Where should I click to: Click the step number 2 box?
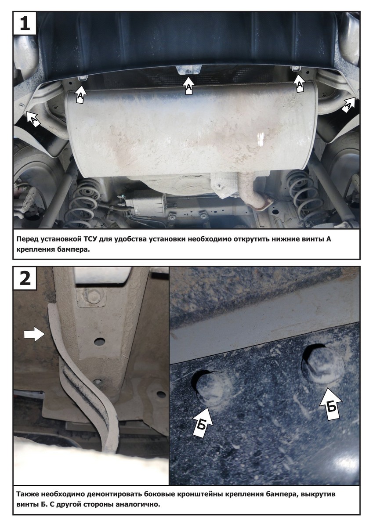[25, 278]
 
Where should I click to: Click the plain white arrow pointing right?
[34, 334]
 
